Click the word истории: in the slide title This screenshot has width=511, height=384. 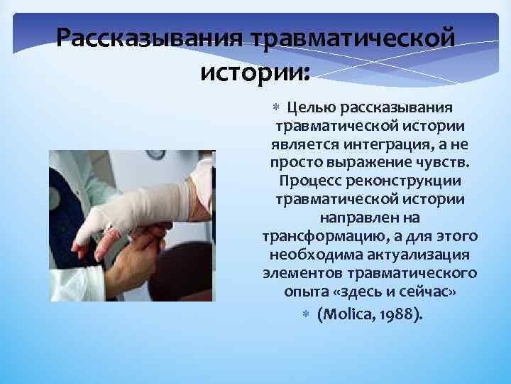[255, 71]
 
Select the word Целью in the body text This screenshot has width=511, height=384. [310, 107]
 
